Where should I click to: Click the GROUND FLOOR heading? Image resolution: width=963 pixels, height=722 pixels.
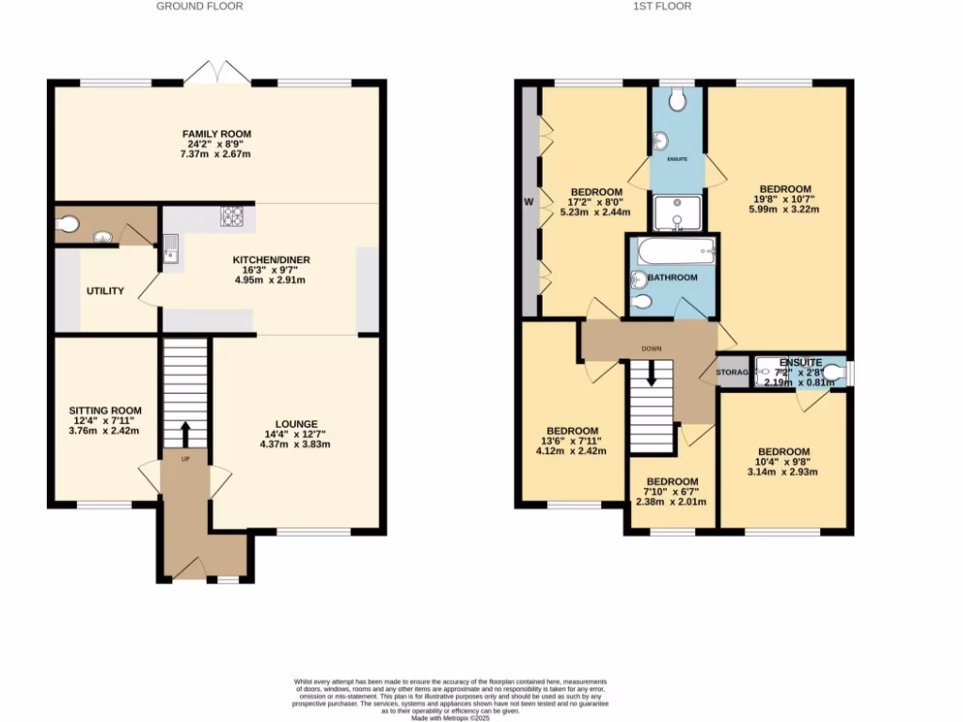coord(199,7)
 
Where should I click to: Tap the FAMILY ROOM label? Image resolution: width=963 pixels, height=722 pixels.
coord(216,133)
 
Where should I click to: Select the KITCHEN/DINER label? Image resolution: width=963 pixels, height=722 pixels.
coord(272,259)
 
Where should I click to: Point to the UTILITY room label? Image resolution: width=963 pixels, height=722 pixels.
coord(105,291)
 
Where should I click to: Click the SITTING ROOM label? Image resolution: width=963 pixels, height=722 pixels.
coord(105,411)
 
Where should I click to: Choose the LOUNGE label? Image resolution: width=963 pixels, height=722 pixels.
coord(296,424)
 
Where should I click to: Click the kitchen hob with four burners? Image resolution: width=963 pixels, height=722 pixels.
coord(232,216)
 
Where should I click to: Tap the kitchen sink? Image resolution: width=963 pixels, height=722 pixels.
coord(171,249)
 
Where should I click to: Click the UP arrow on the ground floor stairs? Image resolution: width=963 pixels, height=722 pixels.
coord(184,434)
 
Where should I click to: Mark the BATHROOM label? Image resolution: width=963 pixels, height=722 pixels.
coord(672,277)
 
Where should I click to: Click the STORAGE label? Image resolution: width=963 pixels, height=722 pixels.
coord(734,373)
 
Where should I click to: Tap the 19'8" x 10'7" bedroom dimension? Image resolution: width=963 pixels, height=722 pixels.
coord(784,199)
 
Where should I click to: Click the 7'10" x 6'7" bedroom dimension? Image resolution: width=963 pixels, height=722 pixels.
coord(671,492)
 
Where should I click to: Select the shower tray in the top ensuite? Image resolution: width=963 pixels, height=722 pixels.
coord(677,213)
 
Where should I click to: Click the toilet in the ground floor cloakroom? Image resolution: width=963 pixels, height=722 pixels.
coord(68,225)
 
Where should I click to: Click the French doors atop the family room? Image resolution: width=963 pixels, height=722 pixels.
coord(217,73)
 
